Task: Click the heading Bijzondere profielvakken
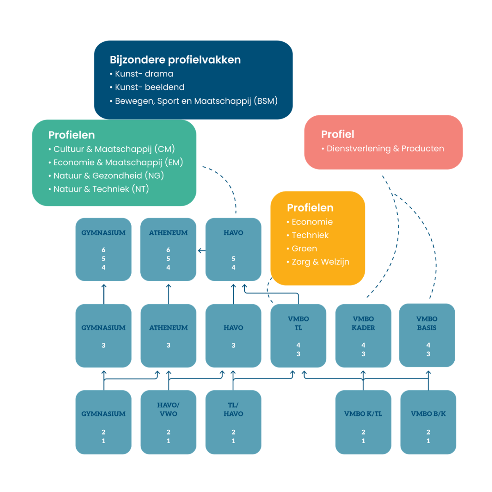coord(175,60)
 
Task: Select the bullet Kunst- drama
coord(142,74)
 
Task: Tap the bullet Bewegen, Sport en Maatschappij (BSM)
coord(194,101)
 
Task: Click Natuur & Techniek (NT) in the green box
coord(99,189)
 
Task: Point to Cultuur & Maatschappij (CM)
coord(112,149)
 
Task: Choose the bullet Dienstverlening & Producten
coord(383,148)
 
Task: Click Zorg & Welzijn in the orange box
coord(318,262)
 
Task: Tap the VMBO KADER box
coord(363,335)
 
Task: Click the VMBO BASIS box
coord(427,335)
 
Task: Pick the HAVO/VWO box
coord(168,422)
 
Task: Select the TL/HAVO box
coord(233,422)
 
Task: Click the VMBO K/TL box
coord(363,422)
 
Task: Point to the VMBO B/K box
coord(428,422)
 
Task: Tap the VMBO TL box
coord(298,335)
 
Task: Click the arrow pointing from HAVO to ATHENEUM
coord(202,251)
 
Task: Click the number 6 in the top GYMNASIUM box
coord(103,250)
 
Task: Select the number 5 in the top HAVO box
coord(233,259)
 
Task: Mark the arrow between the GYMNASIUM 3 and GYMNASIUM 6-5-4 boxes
coord(104,294)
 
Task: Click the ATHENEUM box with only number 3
coord(168,335)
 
